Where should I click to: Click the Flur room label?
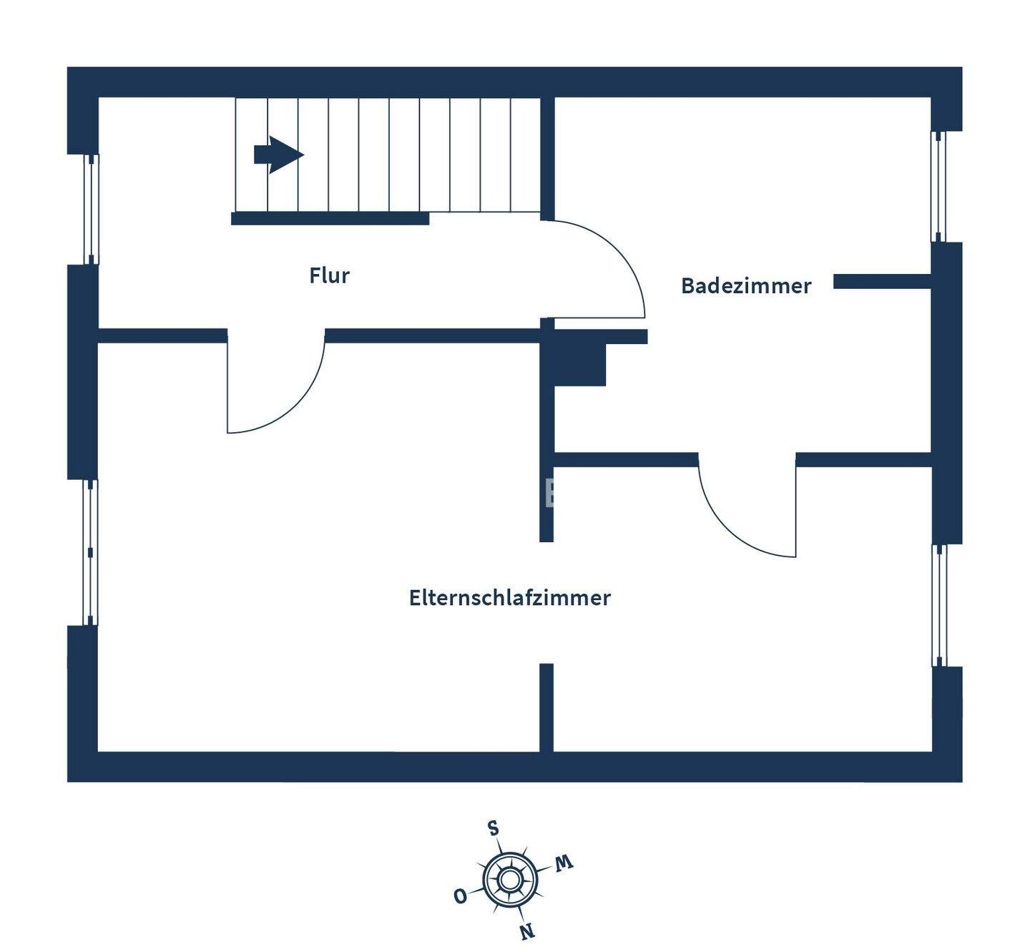coord(329,275)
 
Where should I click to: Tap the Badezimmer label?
coord(745,286)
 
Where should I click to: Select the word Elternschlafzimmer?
coord(509,598)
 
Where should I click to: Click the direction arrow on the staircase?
coord(279,154)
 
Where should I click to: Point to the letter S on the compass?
coord(494,828)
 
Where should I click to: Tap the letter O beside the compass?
coord(461,895)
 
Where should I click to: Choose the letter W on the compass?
coord(564,863)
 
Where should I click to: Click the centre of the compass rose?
coord(509,879)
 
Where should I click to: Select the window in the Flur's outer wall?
coord(92,209)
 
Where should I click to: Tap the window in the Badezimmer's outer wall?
coord(938,187)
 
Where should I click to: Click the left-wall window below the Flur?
coord(90,552)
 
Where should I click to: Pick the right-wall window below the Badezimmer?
coord(939,605)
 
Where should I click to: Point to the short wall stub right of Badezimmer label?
coord(882,282)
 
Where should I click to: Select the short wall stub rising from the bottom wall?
coord(546,707)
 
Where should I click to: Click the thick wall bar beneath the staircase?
coord(330,219)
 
